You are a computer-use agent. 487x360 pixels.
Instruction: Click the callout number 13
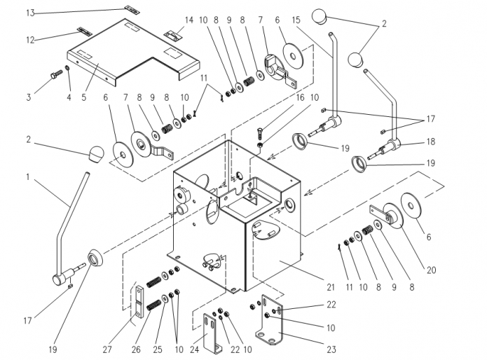coord(30,13)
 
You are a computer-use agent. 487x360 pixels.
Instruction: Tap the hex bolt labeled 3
coord(56,74)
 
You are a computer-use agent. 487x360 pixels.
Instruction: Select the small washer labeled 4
coord(67,68)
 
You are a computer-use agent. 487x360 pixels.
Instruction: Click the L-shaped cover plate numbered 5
coord(134,52)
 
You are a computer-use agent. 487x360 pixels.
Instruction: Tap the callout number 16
coord(300,97)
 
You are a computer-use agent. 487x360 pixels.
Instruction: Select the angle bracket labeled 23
coord(269,320)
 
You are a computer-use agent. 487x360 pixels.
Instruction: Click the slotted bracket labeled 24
coord(212,333)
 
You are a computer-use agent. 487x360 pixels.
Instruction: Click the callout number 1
coord(28,177)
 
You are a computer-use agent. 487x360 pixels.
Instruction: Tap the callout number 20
coord(431,270)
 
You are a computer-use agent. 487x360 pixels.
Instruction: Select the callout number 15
coord(296,20)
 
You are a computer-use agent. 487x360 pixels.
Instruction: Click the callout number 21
coord(331,287)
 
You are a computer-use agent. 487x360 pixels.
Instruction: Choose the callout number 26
coord(136,349)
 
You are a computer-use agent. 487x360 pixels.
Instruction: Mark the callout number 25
coord(158,349)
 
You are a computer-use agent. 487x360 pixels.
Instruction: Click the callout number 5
coord(84,97)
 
